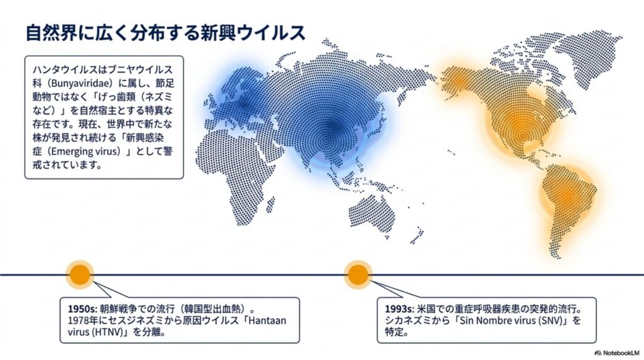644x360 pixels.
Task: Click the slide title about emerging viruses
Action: [x=165, y=33]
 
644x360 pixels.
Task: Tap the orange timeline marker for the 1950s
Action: [x=80, y=274]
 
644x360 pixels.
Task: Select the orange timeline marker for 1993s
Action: [x=358, y=274]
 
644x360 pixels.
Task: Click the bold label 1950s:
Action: [x=82, y=309]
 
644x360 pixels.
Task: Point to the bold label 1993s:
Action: [x=399, y=309]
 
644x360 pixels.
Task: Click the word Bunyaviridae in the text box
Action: [x=80, y=84]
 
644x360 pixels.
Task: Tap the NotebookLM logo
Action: [x=616, y=352]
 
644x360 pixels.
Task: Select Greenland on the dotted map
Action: [x=591, y=53]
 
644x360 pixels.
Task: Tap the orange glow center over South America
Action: [x=569, y=194]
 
